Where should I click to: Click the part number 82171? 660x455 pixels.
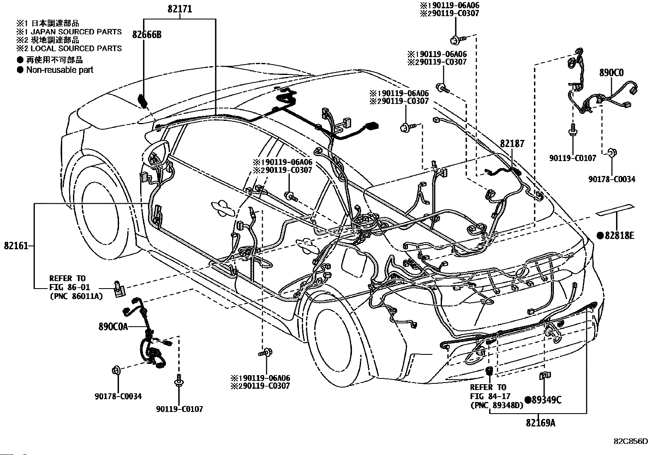[180, 9]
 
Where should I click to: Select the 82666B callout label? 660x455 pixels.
[147, 35]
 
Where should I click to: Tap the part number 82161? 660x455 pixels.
[16, 246]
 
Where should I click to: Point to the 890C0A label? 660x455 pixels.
[113, 326]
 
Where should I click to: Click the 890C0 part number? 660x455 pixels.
[611, 73]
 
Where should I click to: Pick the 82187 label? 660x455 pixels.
[512, 144]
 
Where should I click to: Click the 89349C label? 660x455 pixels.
[547, 400]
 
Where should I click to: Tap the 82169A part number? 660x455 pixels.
[541, 423]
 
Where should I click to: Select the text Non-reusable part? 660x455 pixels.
[60, 70]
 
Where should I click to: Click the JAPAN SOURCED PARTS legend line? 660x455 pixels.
[76, 32]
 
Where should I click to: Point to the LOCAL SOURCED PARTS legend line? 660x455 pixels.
[76, 48]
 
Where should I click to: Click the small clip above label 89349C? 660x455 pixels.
[545, 375]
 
